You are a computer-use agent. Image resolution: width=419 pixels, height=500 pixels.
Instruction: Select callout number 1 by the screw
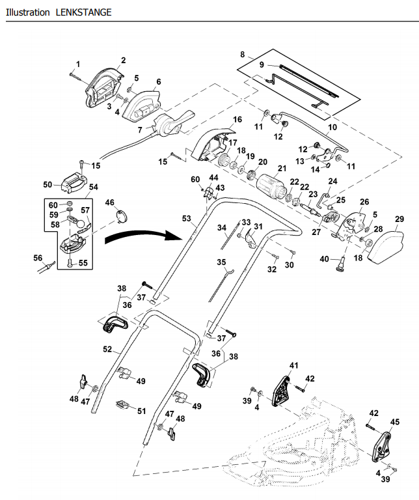pos(78,64)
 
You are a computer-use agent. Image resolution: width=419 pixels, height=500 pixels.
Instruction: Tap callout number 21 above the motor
pos(281,168)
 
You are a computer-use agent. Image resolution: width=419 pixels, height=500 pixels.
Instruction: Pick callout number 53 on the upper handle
pos(186,217)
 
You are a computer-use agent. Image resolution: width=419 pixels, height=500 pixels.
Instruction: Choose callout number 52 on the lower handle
pos(109,349)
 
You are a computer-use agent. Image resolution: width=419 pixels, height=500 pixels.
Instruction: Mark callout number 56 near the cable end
pos(38,258)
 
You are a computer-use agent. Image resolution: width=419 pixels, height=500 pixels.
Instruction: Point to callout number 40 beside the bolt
pos(324,258)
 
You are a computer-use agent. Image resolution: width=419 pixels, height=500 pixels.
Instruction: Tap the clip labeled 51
pos(122,404)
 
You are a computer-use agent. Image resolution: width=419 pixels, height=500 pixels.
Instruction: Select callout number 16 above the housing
pos(237,120)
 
